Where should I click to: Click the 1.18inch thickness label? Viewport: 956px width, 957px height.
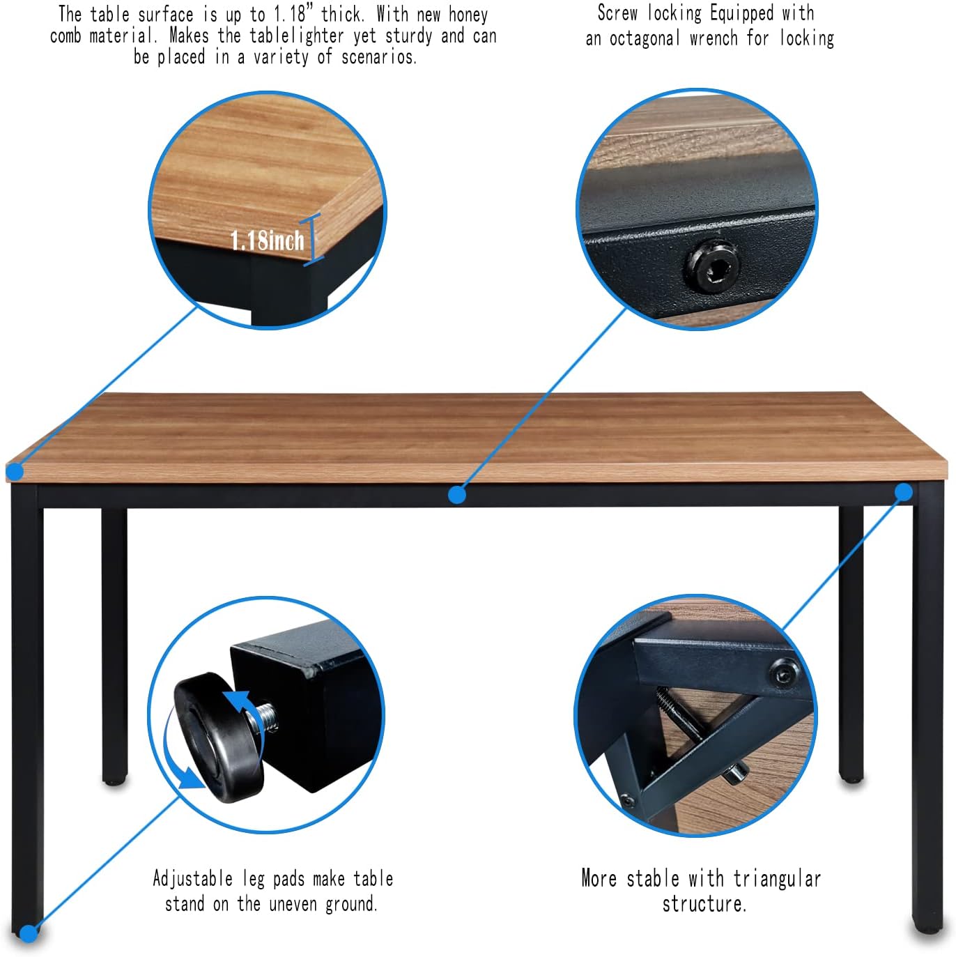tap(267, 241)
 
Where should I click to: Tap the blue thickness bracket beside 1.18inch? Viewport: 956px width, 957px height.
tap(313, 239)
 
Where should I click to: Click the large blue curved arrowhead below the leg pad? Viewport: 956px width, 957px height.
tap(190, 776)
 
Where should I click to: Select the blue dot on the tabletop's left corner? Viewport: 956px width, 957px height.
tap(15, 472)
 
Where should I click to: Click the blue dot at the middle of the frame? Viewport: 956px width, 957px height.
tap(457, 495)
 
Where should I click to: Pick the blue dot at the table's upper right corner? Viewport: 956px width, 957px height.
tap(904, 492)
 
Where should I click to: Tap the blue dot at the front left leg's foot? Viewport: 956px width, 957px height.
tap(29, 933)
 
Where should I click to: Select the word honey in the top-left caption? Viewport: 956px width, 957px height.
tap(468, 15)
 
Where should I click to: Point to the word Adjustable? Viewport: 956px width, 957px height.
tap(192, 878)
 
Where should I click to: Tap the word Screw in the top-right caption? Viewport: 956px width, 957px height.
tap(617, 13)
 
